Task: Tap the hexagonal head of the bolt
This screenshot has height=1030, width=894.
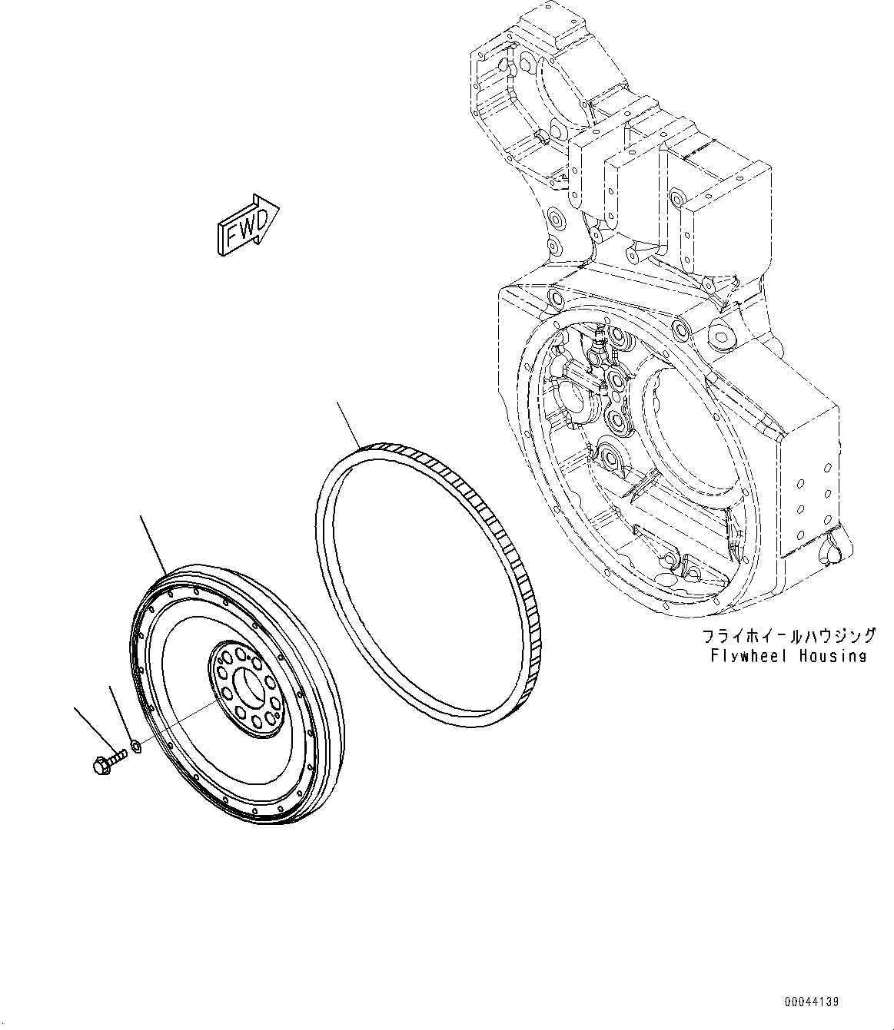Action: coord(101,765)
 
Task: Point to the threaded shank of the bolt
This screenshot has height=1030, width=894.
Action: coord(118,758)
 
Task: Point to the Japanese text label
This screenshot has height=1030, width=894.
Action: coord(789,636)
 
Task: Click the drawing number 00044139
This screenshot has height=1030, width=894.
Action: coord(812,1002)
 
